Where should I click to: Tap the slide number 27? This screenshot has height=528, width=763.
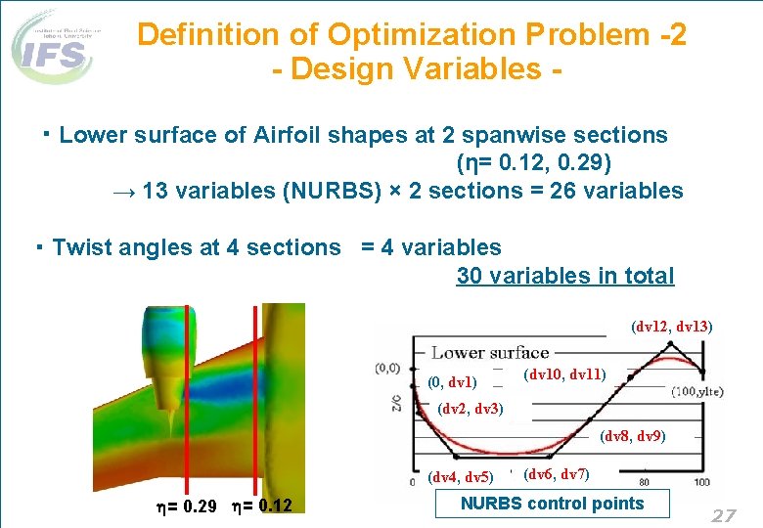tap(723, 515)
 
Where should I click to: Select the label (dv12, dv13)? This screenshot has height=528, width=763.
tap(672, 327)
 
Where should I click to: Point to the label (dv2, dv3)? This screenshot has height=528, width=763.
tap(471, 409)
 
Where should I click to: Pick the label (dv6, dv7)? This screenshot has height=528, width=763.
tap(556, 475)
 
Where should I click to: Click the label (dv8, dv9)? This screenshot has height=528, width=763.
tap(632, 436)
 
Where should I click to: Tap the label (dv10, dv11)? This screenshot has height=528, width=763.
tap(564, 374)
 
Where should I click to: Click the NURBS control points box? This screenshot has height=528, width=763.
tap(552, 504)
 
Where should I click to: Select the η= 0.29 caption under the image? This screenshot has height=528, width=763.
tap(189, 506)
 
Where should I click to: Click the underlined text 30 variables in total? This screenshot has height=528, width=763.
tap(564, 276)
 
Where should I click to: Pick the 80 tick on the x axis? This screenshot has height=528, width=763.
tap(645, 482)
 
